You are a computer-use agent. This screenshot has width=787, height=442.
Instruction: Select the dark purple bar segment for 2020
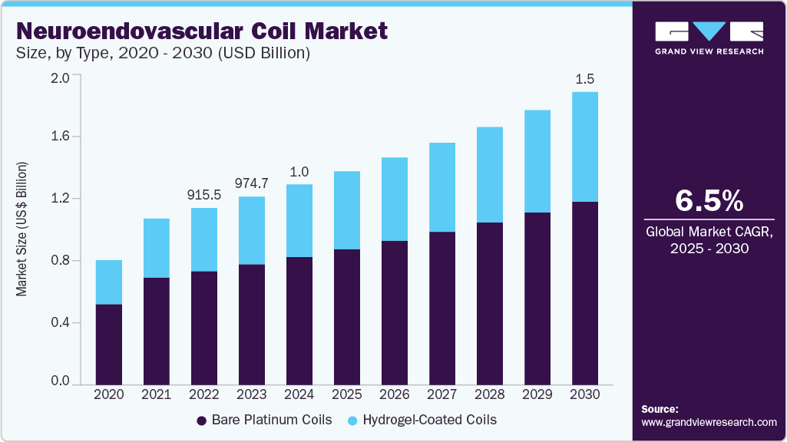click(108, 344)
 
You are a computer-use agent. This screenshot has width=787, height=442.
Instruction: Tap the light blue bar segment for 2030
click(585, 147)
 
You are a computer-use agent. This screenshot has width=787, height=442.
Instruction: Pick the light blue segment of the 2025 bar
click(346, 210)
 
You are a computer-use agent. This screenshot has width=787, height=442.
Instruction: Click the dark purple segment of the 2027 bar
click(442, 307)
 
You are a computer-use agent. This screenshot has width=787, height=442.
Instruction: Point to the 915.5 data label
click(203, 195)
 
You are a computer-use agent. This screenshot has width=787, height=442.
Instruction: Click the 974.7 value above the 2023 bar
click(251, 183)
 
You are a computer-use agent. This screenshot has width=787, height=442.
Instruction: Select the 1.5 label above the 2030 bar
click(585, 79)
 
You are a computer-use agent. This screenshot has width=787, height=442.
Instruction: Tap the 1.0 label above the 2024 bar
click(299, 172)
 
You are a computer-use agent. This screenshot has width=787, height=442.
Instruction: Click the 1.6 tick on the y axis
click(60, 137)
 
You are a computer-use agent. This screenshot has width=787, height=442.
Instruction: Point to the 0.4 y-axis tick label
click(60, 322)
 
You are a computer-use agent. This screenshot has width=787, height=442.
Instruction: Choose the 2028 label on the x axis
click(490, 394)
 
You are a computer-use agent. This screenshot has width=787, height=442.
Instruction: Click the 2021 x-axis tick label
click(156, 394)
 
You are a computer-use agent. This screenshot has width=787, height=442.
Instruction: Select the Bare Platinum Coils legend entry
click(265, 420)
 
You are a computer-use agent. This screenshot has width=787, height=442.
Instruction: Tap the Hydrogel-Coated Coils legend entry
click(422, 420)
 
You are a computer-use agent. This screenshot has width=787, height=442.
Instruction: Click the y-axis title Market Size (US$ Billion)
click(22, 229)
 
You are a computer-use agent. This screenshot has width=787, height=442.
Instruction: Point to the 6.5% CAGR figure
click(709, 201)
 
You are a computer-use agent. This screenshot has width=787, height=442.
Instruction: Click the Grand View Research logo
click(709, 38)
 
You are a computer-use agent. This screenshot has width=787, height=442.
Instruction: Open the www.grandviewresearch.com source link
click(709, 422)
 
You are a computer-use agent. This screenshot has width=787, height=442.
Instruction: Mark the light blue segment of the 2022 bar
click(203, 239)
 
